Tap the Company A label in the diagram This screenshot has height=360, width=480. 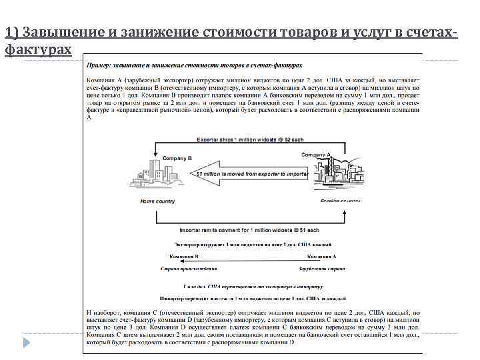[x=315, y=155]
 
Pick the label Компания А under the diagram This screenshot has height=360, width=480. [x=321, y=256]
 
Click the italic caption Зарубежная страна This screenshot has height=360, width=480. [x=323, y=268]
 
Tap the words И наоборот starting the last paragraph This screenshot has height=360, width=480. [x=106, y=311]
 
